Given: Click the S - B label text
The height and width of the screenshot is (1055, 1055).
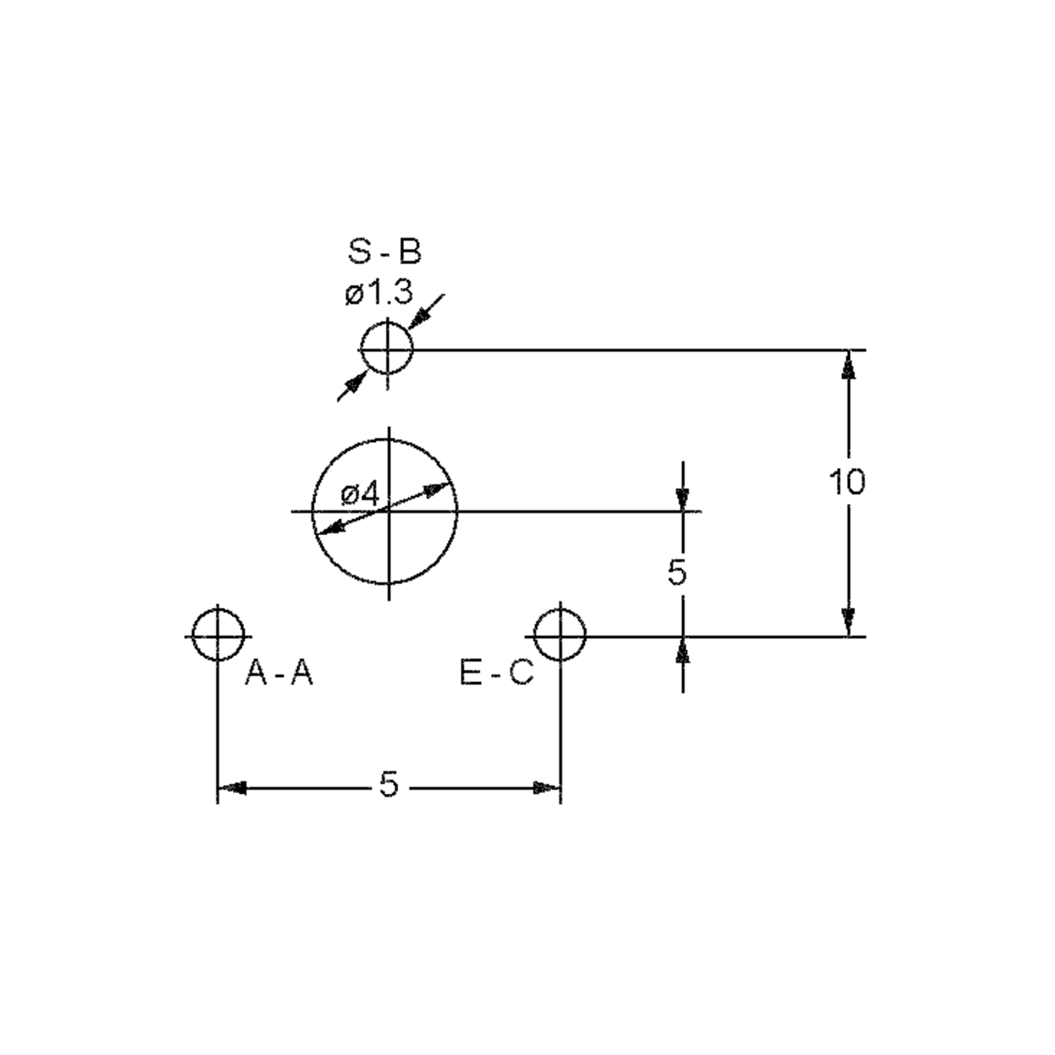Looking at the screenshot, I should click(x=385, y=252).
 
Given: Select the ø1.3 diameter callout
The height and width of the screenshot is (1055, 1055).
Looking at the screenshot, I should click(x=378, y=294).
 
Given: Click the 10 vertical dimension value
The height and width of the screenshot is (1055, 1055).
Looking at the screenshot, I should click(x=847, y=482).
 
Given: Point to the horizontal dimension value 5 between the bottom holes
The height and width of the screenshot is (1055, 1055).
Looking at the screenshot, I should click(x=388, y=785).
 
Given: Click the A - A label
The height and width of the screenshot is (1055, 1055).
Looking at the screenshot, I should click(x=279, y=672).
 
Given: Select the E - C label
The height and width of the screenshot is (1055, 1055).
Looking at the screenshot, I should click(x=496, y=672).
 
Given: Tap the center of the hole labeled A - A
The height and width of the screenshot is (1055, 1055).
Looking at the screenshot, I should click(x=218, y=636).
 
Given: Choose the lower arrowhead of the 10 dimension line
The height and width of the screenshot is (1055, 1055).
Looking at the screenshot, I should click(x=848, y=622).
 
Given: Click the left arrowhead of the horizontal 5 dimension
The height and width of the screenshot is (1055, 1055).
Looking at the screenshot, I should click(x=232, y=788).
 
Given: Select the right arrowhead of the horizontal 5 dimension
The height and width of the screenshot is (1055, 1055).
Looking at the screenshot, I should click(x=546, y=788).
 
